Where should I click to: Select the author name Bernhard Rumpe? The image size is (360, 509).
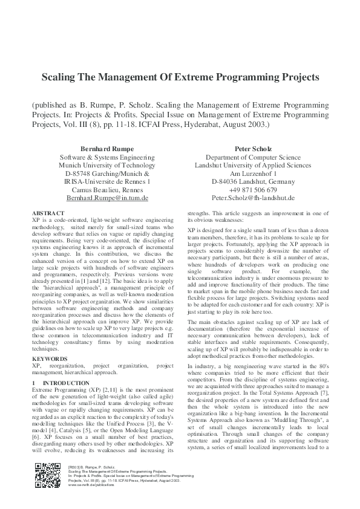tap(107, 148)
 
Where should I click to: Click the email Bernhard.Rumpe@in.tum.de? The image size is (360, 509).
tap(107, 198)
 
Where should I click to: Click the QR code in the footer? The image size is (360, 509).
tap(48, 475)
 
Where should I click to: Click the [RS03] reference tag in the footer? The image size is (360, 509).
tap(75, 467)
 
